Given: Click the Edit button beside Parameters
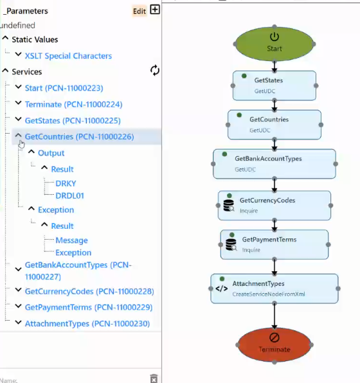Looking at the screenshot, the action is [139, 11].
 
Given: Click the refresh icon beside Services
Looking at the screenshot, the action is [155, 70].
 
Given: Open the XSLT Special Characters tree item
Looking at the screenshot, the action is [68, 56].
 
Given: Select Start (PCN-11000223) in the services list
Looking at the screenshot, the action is [64, 88].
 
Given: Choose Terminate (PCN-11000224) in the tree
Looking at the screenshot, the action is [73, 104].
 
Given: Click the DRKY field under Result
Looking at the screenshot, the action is [66, 183].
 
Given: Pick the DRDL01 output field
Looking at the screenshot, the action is [69, 195].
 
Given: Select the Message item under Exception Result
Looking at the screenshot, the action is [71, 240].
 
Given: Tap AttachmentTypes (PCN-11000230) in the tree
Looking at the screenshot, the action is [87, 323].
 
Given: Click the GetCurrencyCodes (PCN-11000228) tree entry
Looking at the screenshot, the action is [89, 291].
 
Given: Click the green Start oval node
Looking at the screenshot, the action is [274, 44].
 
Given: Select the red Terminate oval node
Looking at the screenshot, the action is [274, 344].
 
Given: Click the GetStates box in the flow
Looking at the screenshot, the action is [274, 85].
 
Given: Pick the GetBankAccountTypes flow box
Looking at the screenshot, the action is [274, 164].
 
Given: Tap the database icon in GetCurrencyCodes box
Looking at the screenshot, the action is [229, 206].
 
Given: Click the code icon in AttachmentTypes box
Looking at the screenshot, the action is [221, 289].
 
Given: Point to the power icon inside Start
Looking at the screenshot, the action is [274, 37].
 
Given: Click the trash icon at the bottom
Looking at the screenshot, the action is [154, 379].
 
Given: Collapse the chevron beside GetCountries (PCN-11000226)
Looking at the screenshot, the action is [19, 136].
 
